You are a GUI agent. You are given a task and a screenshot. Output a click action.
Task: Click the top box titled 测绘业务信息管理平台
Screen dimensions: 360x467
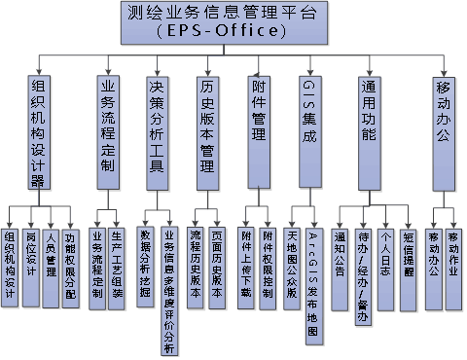pyautogui.click(x=234, y=22)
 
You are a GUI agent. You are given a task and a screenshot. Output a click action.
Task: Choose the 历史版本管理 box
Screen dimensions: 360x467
pyautogui.click(x=206, y=132)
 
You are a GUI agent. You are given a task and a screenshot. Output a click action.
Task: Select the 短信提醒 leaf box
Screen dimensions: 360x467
pyautogui.click(x=407, y=256)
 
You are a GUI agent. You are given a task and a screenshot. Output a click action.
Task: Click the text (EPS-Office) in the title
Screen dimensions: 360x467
pyautogui.click(x=234, y=33)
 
